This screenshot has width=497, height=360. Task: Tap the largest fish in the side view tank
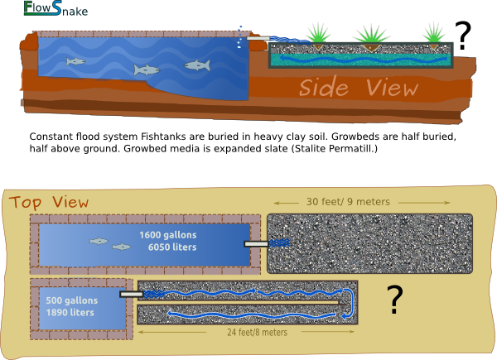tap(197, 65)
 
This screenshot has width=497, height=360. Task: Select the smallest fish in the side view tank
tap(75, 61)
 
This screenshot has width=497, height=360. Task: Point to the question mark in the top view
tap(395, 300)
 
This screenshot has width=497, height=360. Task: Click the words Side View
tap(359, 88)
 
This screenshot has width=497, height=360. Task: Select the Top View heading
tap(49, 203)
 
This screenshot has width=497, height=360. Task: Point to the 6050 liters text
tap(171, 247)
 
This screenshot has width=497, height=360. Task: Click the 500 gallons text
tap(71, 300)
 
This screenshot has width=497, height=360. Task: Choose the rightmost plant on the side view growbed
tap(432, 35)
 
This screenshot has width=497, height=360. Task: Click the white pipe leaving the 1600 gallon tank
tap(256, 244)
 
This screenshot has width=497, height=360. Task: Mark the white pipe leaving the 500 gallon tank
tap(131, 294)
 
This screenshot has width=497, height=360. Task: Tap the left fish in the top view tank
tap(99, 241)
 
